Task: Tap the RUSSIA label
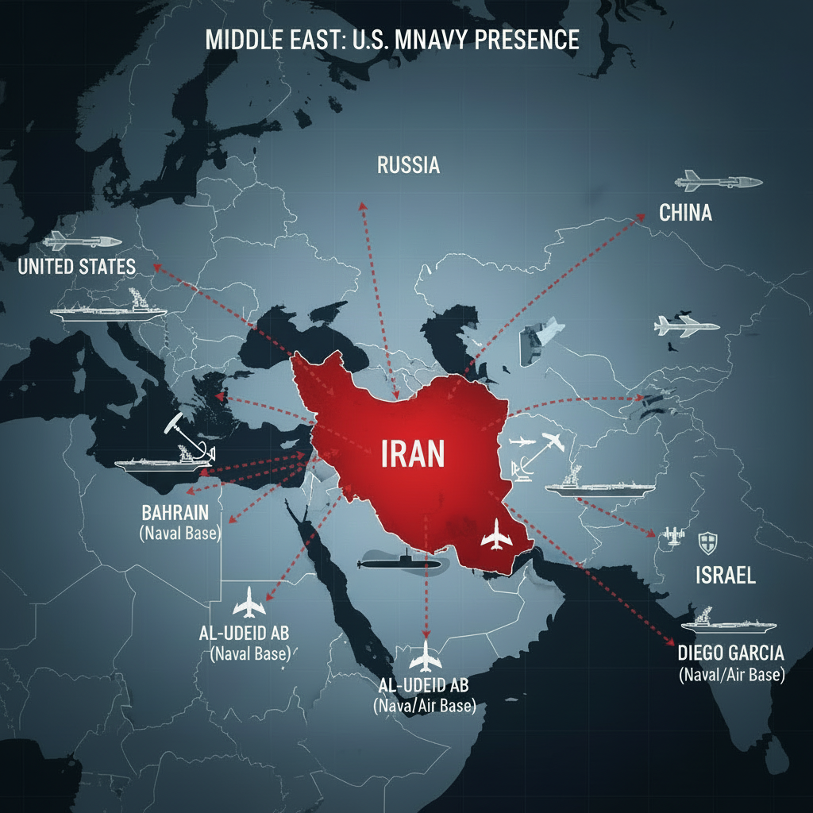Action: [408, 165]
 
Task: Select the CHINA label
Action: [685, 213]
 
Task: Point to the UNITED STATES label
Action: [77, 266]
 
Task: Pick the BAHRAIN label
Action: [179, 512]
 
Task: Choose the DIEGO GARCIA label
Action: [731, 653]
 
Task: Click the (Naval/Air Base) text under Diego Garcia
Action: [731, 676]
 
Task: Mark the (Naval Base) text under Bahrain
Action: [179, 534]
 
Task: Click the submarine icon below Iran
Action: [399, 562]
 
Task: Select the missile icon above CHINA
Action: [718, 182]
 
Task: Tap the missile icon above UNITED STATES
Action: [82, 240]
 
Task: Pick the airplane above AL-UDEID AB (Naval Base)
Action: [249, 603]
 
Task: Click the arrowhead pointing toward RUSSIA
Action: [362, 205]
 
